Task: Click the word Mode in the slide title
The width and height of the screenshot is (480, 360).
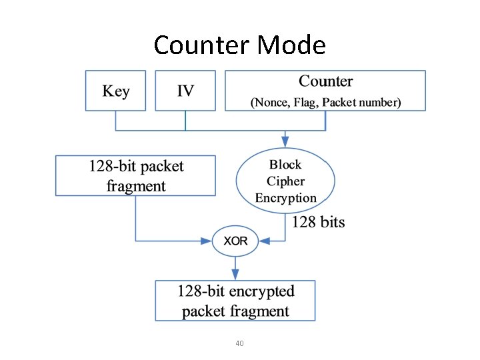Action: point(291,45)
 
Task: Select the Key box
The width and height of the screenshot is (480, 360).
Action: point(115,91)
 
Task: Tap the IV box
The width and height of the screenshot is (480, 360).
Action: point(185,91)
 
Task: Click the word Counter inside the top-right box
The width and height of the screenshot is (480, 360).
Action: point(325,81)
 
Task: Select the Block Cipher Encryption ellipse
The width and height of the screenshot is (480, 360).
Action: point(285,181)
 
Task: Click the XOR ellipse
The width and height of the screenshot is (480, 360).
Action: point(235,241)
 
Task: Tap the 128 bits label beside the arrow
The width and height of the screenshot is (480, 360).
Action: point(319,222)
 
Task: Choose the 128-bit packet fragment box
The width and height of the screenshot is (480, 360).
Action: point(135,175)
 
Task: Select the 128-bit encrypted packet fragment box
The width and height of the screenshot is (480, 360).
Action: point(235,301)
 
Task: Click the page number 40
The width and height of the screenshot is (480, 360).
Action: point(239,343)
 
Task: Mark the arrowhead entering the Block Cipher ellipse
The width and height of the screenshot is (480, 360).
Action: point(285,143)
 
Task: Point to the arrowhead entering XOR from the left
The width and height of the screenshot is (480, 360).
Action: point(207,241)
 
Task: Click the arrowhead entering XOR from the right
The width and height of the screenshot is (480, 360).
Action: point(263,241)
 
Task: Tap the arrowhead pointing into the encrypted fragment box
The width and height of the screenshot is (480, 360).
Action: point(235,275)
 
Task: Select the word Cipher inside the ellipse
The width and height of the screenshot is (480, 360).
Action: point(285,181)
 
